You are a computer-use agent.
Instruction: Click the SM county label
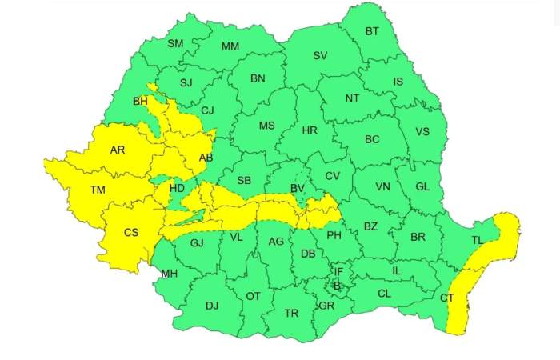point(175,43)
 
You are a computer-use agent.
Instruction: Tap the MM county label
point(230,46)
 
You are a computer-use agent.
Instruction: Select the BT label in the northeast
point(372,31)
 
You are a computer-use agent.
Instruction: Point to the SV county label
point(320,55)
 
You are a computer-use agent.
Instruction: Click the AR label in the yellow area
point(118,150)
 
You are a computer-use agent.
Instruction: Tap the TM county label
point(98,190)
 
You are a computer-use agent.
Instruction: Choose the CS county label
point(131,233)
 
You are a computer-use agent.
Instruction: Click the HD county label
point(177,188)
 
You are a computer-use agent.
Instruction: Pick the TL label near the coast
point(478,241)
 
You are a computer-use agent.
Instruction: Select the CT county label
point(447,298)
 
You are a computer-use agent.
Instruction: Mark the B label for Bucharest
point(337,286)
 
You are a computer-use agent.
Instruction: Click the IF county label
point(338,272)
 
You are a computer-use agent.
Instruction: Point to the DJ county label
point(212,305)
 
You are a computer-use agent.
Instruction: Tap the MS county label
point(266,126)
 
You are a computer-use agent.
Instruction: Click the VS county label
point(422,132)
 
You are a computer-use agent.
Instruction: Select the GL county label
point(423,186)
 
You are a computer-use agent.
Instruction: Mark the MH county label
point(169,274)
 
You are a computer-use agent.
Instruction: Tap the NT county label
point(352,98)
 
